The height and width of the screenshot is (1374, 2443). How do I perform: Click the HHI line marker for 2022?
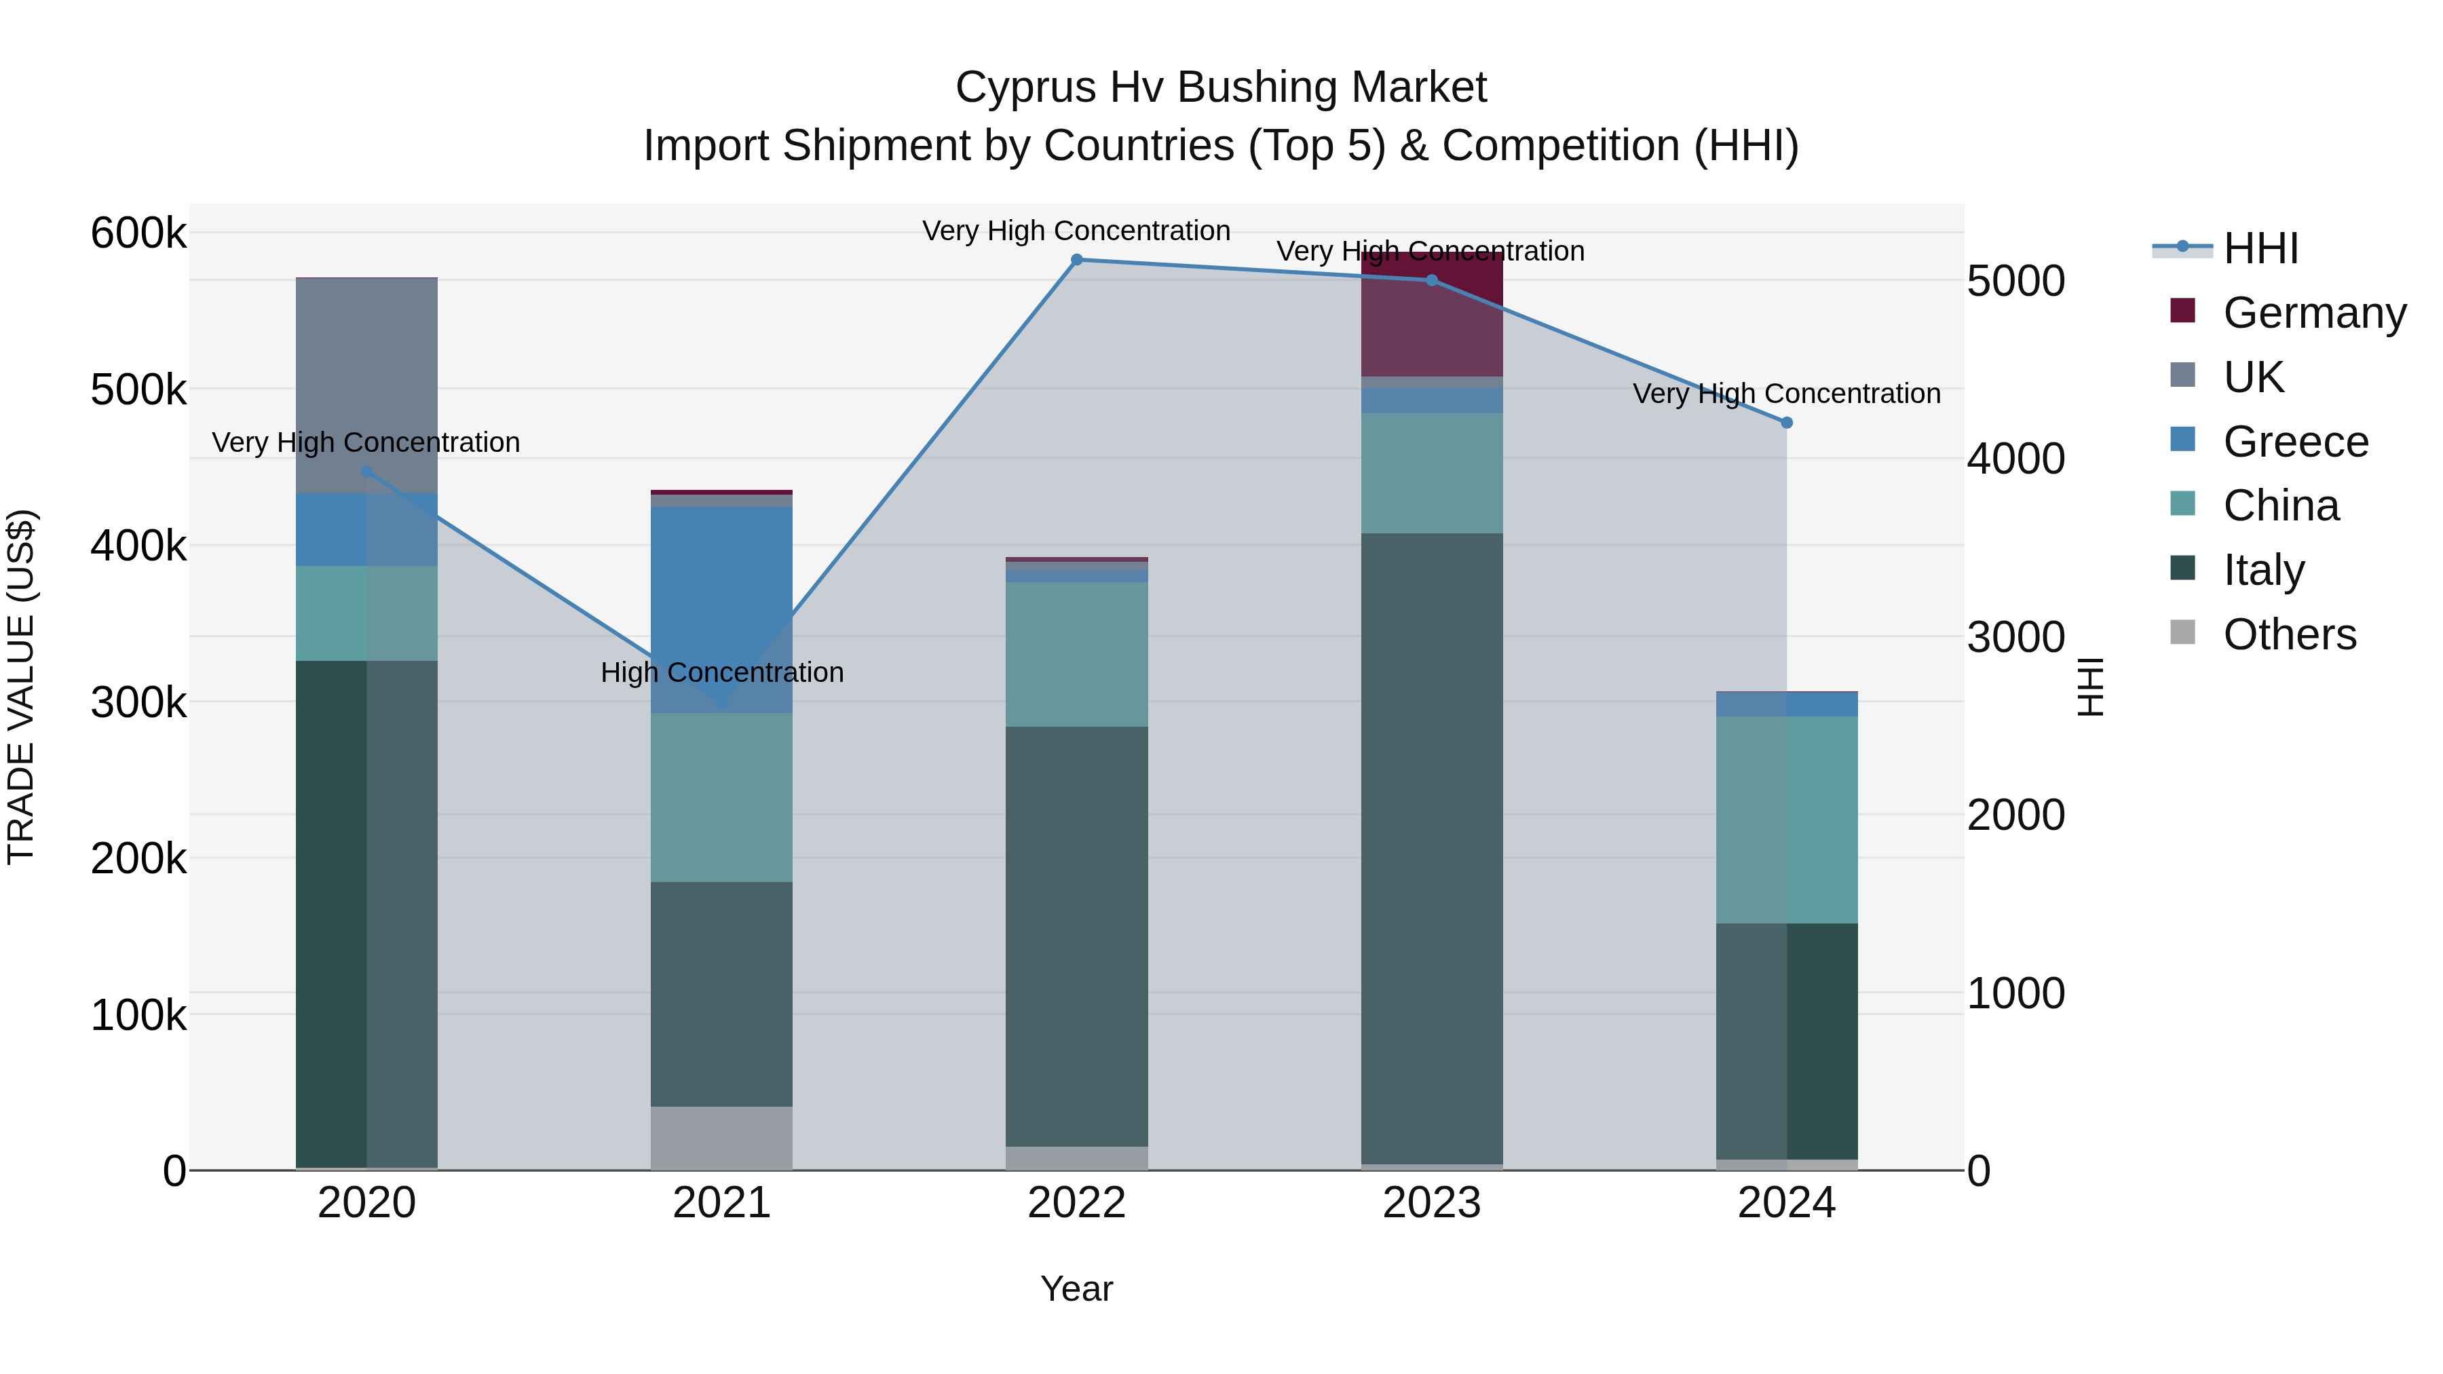coord(1076,260)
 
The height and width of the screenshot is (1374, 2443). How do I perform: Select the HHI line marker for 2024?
coord(1787,423)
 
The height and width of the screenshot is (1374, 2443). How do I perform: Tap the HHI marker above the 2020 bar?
coord(367,472)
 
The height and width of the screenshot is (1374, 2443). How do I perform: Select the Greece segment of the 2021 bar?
coord(722,607)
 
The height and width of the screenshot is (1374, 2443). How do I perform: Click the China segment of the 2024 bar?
coord(1787,820)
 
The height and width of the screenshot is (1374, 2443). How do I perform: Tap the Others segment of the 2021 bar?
coord(722,1138)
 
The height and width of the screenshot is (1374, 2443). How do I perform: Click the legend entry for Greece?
coord(2295,442)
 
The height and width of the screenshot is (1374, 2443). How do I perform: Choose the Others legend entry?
coord(2290,634)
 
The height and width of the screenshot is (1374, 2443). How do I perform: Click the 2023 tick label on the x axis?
coord(1431,1203)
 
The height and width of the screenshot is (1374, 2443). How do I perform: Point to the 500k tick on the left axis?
coord(138,389)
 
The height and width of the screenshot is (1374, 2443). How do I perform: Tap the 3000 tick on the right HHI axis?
coord(2015,637)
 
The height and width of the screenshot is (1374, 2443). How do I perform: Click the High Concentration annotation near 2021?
coord(722,672)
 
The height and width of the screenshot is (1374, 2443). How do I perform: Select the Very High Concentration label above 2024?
coord(1786,394)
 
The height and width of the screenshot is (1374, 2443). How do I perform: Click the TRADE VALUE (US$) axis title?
coord(21,687)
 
